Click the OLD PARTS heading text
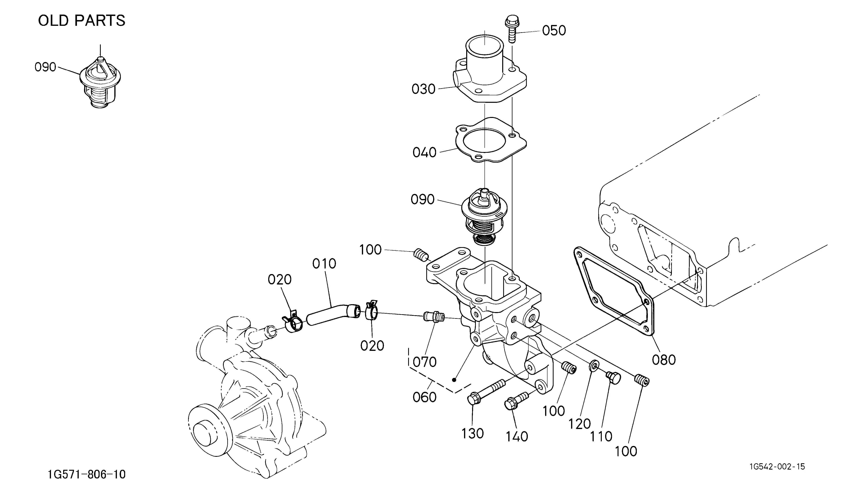coord(82,21)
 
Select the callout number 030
coord(423,89)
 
